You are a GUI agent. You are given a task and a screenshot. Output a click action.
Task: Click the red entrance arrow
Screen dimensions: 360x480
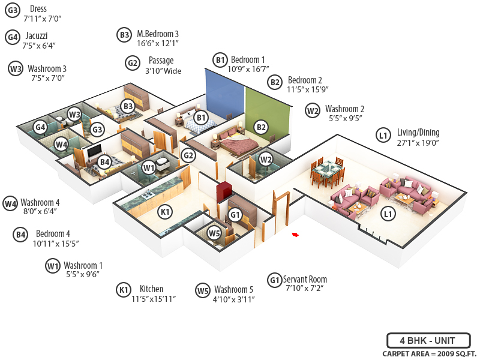pyautogui.click(x=295, y=235)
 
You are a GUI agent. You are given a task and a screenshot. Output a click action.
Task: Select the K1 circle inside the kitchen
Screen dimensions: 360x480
pyautogui.click(x=165, y=211)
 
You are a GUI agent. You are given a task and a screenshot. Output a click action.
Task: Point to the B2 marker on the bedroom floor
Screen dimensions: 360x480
pyautogui.click(x=260, y=127)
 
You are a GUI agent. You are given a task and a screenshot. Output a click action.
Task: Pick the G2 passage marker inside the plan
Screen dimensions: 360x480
pyautogui.click(x=188, y=156)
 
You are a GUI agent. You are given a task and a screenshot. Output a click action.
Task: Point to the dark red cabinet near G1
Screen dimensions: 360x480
pyautogui.click(x=224, y=191)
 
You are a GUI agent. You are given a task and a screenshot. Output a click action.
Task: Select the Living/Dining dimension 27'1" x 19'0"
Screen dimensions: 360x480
pyautogui.click(x=418, y=143)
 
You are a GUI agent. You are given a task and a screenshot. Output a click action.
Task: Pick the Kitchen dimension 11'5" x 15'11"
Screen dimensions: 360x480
pyautogui.click(x=153, y=299)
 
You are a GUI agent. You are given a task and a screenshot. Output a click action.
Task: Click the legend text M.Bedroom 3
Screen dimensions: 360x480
pyautogui.click(x=157, y=34)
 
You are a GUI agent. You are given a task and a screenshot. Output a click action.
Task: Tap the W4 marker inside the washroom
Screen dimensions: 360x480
pyautogui.click(x=61, y=145)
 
